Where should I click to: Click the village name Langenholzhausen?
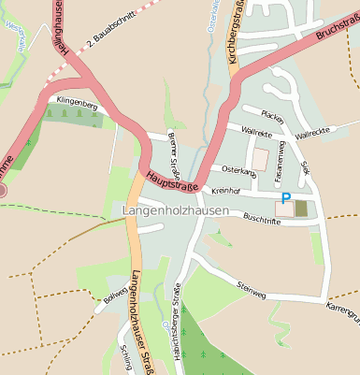[176, 211]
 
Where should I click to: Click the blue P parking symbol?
[286, 198]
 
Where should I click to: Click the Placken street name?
[272, 116]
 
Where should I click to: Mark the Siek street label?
[305, 166]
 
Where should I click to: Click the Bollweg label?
[116, 296]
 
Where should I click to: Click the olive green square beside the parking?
[300, 208]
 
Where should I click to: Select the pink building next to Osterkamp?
[260, 159]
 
